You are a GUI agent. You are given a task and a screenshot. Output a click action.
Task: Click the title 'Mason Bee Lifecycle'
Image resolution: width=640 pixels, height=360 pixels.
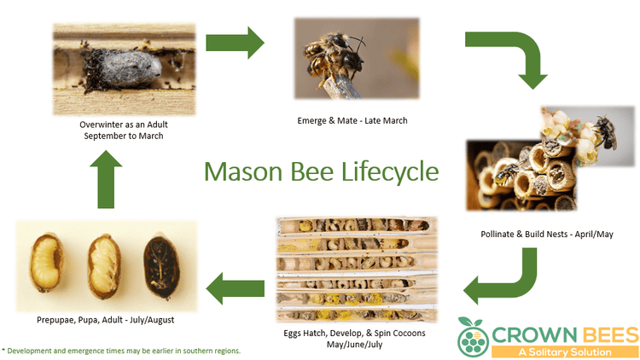(320, 171)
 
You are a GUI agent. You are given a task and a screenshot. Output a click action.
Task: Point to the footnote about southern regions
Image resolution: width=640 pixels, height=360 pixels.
(121, 351)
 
